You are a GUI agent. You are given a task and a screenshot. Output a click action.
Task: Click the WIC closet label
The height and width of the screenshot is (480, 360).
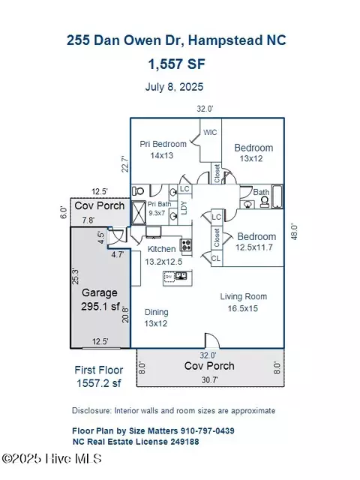[x=210, y=132]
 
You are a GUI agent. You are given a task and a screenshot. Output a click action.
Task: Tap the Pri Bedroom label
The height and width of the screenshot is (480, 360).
[x=163, y=144]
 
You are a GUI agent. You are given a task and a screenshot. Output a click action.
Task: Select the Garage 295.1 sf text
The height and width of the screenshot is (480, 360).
[x=100, y=299]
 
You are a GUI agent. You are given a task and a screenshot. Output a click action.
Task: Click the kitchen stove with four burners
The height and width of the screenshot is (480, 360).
[x=186, y=244]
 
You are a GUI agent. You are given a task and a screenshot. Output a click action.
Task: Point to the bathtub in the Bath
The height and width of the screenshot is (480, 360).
[x=277, y=196]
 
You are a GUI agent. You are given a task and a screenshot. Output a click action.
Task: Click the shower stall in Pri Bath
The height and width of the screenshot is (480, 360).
[x=138, y=212]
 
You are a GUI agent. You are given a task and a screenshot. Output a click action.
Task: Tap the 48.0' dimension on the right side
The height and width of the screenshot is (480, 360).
[x=294, y=232]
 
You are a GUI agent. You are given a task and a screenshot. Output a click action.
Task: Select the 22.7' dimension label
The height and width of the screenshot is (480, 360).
[x=125, y=164]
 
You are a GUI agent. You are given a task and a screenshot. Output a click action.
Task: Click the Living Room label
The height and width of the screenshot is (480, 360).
[x=243, y=296]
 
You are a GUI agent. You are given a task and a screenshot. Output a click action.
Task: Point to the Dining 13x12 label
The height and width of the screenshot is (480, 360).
[x=156, y=318]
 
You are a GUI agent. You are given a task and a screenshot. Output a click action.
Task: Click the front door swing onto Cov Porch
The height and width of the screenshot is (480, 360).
[x=211, y=340]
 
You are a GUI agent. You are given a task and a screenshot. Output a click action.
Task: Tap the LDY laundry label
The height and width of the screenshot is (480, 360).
[x=184, y=208]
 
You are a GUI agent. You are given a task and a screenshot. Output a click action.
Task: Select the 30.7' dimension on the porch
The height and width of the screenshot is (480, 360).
[x=210, y=380]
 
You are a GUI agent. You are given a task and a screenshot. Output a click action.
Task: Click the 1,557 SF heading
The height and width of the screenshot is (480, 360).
[x=177, y=64]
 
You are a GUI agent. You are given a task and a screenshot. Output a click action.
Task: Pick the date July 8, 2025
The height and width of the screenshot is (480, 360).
[x=174, y=87]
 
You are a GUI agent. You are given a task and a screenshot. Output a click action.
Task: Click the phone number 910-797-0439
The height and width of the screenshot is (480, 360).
[x=207, y=430]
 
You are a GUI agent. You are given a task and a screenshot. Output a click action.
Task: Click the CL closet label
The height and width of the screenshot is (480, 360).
[x=216, y=258]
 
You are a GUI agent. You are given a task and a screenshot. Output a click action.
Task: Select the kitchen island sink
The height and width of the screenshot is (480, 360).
[x=181, y=276]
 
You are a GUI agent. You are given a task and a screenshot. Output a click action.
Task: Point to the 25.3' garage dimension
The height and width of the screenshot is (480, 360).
[x=75, y=276]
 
